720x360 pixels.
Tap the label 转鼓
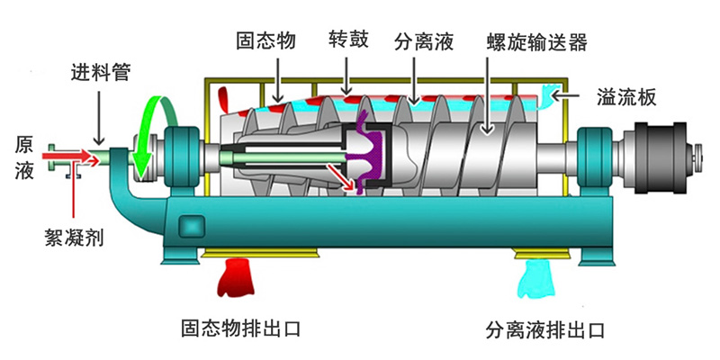click(348, 40)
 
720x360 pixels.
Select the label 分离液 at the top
click(423, 40)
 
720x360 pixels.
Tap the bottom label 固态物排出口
click(238, 328)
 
